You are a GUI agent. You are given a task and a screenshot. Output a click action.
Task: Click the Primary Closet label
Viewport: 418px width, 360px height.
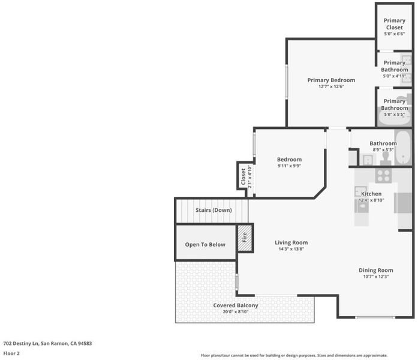[x=394, y=24]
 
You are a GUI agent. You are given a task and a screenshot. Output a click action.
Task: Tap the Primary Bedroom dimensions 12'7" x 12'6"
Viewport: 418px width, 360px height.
[x=331, y=86]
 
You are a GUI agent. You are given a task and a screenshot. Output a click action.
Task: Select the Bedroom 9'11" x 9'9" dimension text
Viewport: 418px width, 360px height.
[x=289, y=166]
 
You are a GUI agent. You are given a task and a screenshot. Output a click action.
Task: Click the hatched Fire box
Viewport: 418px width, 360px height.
[x=245, y=238]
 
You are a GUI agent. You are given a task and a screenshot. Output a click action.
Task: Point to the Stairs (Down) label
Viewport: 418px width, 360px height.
[x=213, y=210]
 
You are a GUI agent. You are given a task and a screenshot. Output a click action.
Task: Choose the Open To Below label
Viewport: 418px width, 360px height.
[x=205, y=245]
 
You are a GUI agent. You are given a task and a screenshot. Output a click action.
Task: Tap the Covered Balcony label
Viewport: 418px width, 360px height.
[x=236, y=305]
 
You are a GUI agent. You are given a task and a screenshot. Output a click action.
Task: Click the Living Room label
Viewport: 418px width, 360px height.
[x=291, y=242]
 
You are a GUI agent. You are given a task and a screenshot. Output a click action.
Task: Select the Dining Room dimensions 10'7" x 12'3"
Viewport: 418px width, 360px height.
[x=375, y=277]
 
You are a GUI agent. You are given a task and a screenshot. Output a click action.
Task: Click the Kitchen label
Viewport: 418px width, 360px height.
[x=371, y=194]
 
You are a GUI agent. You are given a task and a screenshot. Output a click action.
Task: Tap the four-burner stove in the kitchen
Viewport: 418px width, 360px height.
[x=383, y=176]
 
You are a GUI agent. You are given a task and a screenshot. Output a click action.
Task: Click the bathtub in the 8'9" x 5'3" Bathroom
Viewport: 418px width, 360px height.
[x=403, y=148]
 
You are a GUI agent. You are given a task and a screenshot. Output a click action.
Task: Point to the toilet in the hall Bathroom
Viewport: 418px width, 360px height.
[x=385, y=159]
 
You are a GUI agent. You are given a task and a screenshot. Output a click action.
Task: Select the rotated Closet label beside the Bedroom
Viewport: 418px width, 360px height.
[x=243, y=176]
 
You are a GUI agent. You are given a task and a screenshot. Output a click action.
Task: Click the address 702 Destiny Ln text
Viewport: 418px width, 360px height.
[x=22, y=343]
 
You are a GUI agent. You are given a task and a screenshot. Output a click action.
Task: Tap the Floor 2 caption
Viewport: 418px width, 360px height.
[x=11, y=353]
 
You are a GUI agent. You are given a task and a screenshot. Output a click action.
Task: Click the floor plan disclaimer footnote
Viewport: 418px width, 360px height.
[x=294, y=355]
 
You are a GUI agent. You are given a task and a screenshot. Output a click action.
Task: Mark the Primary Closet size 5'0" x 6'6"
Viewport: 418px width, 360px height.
[x=394, y=34]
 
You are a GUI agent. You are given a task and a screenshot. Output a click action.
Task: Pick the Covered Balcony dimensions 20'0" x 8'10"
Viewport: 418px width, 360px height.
[x=236, y=312]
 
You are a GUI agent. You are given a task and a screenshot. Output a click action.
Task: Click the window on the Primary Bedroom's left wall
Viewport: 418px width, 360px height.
[x=287, y=82]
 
